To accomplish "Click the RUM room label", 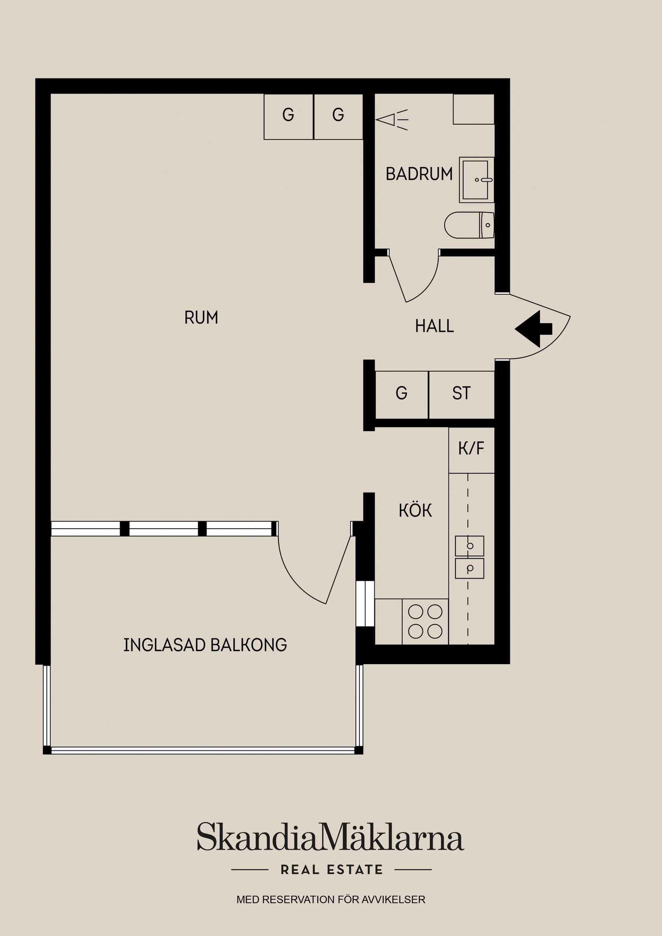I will click(201, 318).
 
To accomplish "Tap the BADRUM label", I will click(419, 174).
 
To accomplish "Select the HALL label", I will click(435, 326).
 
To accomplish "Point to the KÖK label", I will click(415, 511).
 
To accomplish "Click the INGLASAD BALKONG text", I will click(205, 645).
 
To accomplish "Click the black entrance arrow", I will click(533, 328).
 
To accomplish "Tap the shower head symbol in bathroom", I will click(391, 120).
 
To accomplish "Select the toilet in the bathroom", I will click(469, 225).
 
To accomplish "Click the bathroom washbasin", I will click(475, 180).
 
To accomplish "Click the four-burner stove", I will click(425, 621).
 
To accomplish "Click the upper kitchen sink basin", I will click(469, 546).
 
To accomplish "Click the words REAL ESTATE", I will click(332, 869).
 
